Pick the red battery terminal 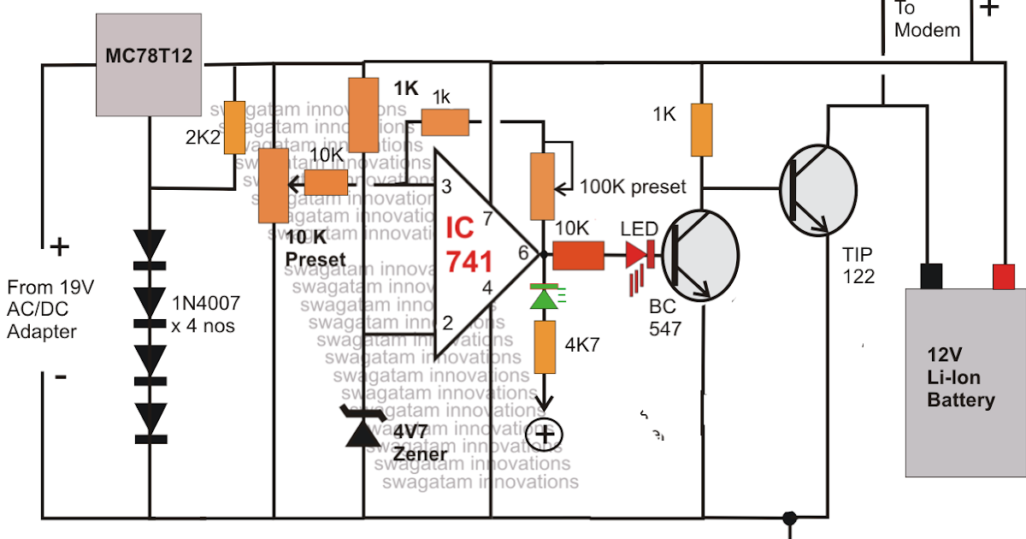1004,276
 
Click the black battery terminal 931,276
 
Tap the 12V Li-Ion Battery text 961,377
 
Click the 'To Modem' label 927,19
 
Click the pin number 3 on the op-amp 446,186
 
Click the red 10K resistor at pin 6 578,254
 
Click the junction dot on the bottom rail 789,518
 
